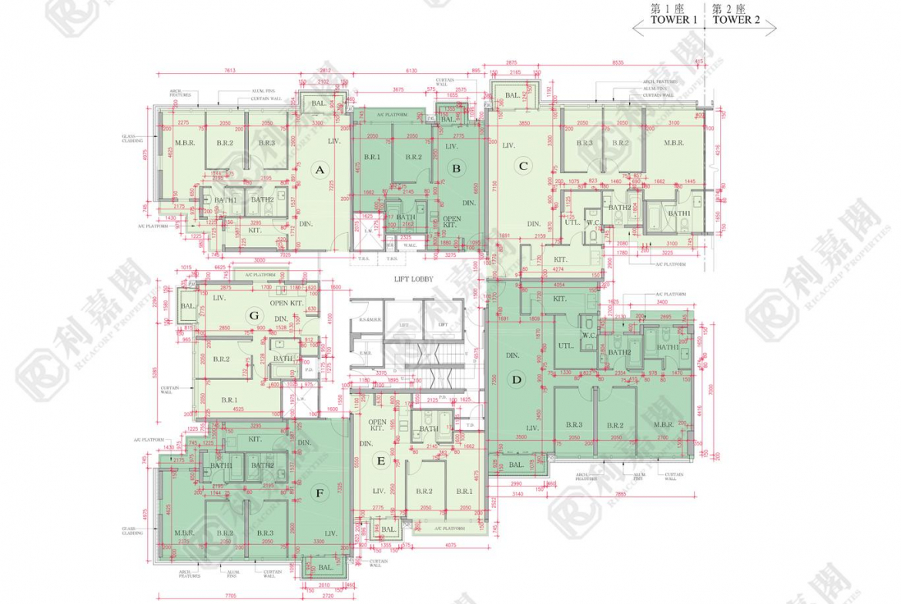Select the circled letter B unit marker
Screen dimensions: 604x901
point(456,168)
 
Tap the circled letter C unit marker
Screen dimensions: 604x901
point(523,165)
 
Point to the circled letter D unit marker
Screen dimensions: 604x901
point(517,379)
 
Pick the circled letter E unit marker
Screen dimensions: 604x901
point(380,461)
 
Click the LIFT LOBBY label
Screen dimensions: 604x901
point(414,279)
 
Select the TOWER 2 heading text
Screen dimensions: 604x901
point(736,21)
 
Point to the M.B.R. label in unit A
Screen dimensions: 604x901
point(184,143)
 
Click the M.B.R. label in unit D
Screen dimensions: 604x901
point(664,425)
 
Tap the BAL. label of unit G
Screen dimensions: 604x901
point(187,306)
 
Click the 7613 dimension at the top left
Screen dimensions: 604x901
point(229,70)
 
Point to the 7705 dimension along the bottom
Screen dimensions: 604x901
point(229,596)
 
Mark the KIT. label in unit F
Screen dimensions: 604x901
point(255,439)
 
